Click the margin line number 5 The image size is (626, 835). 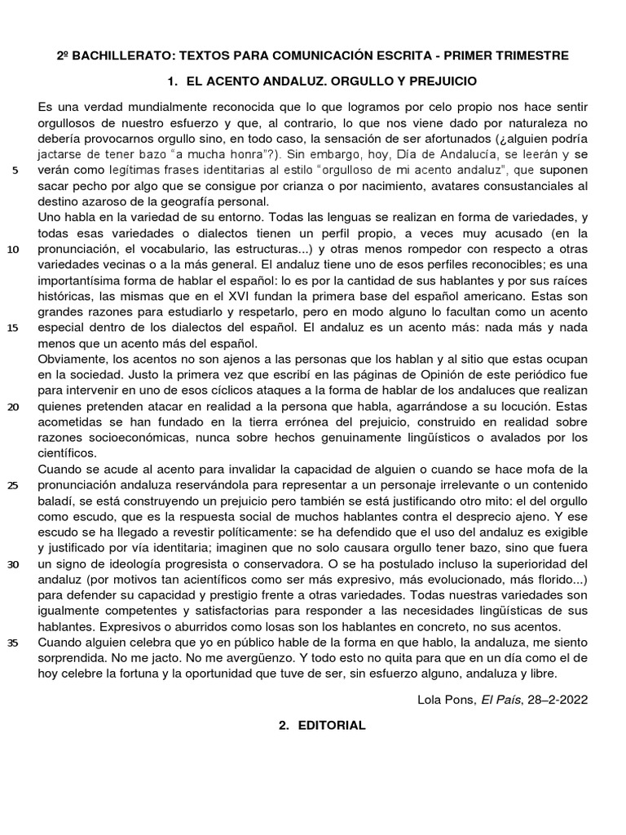[15, 171]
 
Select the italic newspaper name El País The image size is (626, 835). [499, 699]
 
